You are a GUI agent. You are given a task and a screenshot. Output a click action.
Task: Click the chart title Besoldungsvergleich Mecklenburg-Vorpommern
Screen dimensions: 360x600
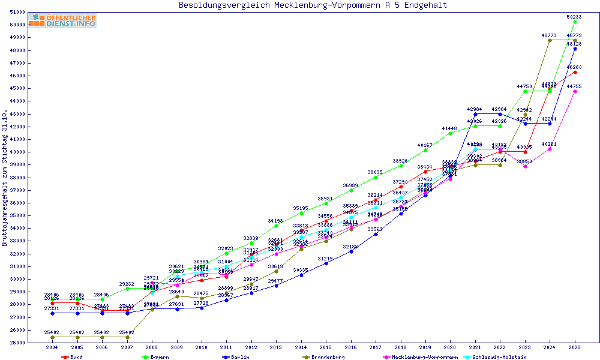[x=313, y=5]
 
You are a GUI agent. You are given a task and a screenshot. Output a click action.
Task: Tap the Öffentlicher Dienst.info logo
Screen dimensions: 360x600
[x=62, y=20]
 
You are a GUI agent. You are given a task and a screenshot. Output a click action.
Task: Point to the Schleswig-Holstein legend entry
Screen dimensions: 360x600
[x=499, y=357]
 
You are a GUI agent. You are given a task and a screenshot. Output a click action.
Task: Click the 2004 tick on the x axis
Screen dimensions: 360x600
[x=52, y=347]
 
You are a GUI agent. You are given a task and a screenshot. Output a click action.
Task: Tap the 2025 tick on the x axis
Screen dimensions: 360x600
[x=575, y=347]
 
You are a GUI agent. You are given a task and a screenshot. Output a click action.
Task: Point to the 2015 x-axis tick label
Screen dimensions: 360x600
[x=326, y=347]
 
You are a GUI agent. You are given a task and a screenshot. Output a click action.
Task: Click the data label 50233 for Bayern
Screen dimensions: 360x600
[x=575, y=17]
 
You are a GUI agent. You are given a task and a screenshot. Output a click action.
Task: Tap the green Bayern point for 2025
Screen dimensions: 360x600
[x=575, y=22]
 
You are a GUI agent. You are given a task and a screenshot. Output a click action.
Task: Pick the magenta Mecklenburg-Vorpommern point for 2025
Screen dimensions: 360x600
[x=575, y=91]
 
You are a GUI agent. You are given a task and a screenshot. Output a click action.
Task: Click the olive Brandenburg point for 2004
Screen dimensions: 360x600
[x=53, y=337]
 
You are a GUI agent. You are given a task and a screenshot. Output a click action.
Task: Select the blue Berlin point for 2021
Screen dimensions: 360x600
[x=475, y=114]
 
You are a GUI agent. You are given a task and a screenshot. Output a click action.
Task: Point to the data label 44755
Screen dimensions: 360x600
[x=575, y=86]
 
